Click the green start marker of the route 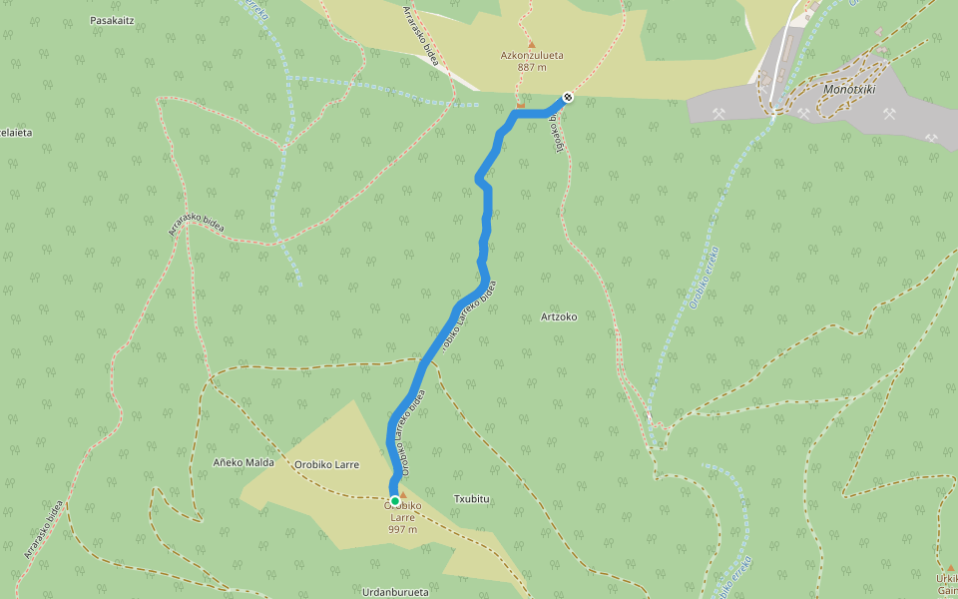(x=395, y=500)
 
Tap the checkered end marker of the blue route (x=568, y=97)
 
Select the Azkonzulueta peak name (x=531, y=56)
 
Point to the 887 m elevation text (x=531, y=68)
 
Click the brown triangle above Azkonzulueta (x=531, y=43)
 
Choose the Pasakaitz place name (x=112, y=20)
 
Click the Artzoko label (x=558, y=316)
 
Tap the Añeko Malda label (x=243, y=463)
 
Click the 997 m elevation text (x=402, y=529)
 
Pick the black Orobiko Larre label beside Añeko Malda (x=326, y=464)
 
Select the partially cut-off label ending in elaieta (x=16, y=132)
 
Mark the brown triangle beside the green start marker (x=404, y=493)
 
